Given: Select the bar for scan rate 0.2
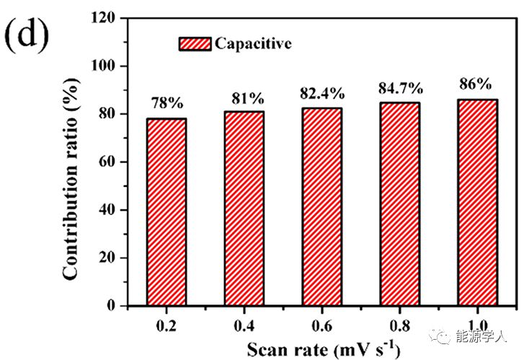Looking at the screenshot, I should (x=166, y=212).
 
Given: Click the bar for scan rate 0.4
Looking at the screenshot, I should (x=244, y=208).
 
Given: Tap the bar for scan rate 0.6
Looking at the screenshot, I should (x=321, y=207).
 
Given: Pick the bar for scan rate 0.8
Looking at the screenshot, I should (x=399, y=204).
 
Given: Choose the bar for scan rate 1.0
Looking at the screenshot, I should (x=476, y=203).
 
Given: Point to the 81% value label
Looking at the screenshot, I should (x=244, y=97).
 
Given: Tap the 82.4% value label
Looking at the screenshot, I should (x=321, y=93).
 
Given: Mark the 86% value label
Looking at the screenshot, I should (x=476, y=84).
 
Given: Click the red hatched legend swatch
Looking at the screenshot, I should (x=195, y=43).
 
